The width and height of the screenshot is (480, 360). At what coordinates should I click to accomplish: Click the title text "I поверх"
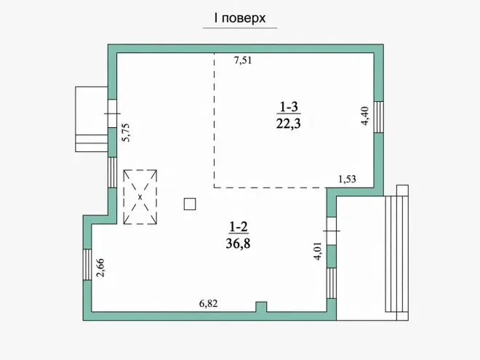(x=240, y=18)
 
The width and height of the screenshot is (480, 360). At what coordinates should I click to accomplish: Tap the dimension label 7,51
(x=243, y=60)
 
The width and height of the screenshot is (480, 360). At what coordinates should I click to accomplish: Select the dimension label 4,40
(x=365, y=116)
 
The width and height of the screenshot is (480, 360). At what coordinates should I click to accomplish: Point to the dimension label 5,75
(x=126, y=132)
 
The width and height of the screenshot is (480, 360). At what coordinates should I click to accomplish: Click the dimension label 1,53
(x=347, y=179)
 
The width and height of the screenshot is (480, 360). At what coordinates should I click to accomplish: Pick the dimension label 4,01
(x=318, y=251)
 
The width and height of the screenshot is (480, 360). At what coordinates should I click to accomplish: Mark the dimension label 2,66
(x=100, y=268)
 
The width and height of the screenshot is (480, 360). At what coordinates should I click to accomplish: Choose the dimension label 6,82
(x=208, y=304)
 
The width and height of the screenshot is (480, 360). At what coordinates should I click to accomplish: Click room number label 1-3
(x=289, y=107)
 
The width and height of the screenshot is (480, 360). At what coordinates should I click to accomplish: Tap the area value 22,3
(x=289, y=124)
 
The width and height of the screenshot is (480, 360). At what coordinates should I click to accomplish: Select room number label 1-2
(x=239, y=227)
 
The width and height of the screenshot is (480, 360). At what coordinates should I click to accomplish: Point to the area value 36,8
(x=238, y=244)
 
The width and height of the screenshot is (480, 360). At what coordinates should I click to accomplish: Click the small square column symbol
(x=190, y=204)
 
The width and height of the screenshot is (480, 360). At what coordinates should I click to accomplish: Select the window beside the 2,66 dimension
(x=87, y=265)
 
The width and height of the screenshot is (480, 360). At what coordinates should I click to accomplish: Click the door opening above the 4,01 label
(x=332, y=231)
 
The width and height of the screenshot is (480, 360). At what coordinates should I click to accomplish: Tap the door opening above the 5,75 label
(x=112, y=113)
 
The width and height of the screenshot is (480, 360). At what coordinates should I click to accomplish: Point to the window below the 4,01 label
(x=332, y=283)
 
